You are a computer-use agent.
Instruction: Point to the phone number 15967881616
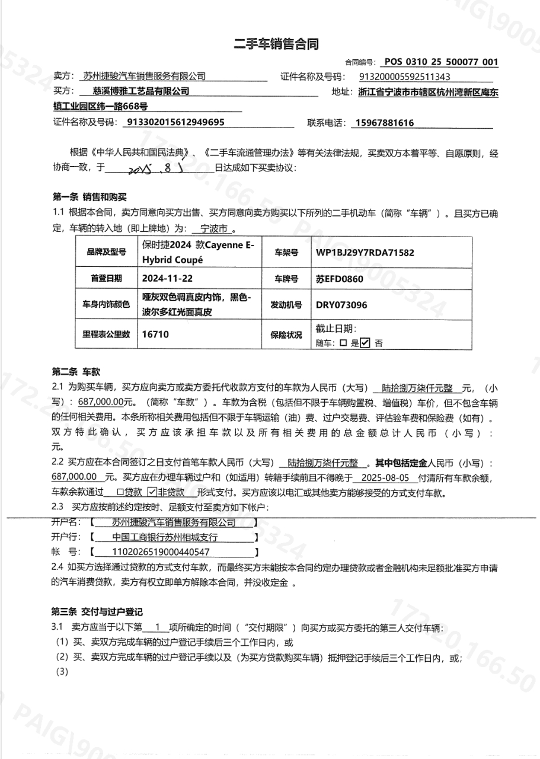point(382,123)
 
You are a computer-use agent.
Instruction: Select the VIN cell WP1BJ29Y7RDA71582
point(365,252)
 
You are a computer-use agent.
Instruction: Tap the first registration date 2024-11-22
point(168,278)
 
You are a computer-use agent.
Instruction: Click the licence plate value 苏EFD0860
point(340,278)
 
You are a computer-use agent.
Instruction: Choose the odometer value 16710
point(155,334)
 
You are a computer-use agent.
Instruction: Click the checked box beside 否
point(365,343)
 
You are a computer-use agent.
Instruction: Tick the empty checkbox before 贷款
point(120,492)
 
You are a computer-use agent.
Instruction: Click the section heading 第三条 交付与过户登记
point(98,612)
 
